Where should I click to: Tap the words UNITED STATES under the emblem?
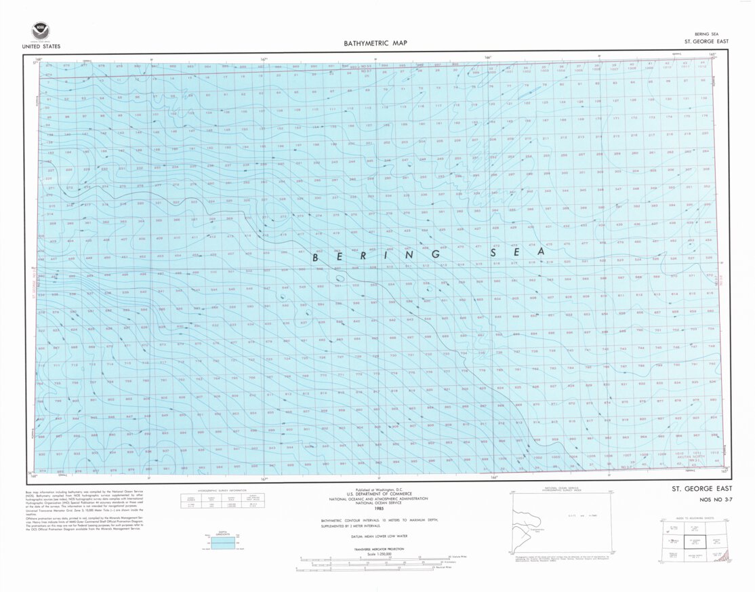tap(41, 47)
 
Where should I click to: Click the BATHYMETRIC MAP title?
tap(375, 43)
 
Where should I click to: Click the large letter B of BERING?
tap(317, 258)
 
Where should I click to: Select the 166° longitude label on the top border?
tap(487, 58)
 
